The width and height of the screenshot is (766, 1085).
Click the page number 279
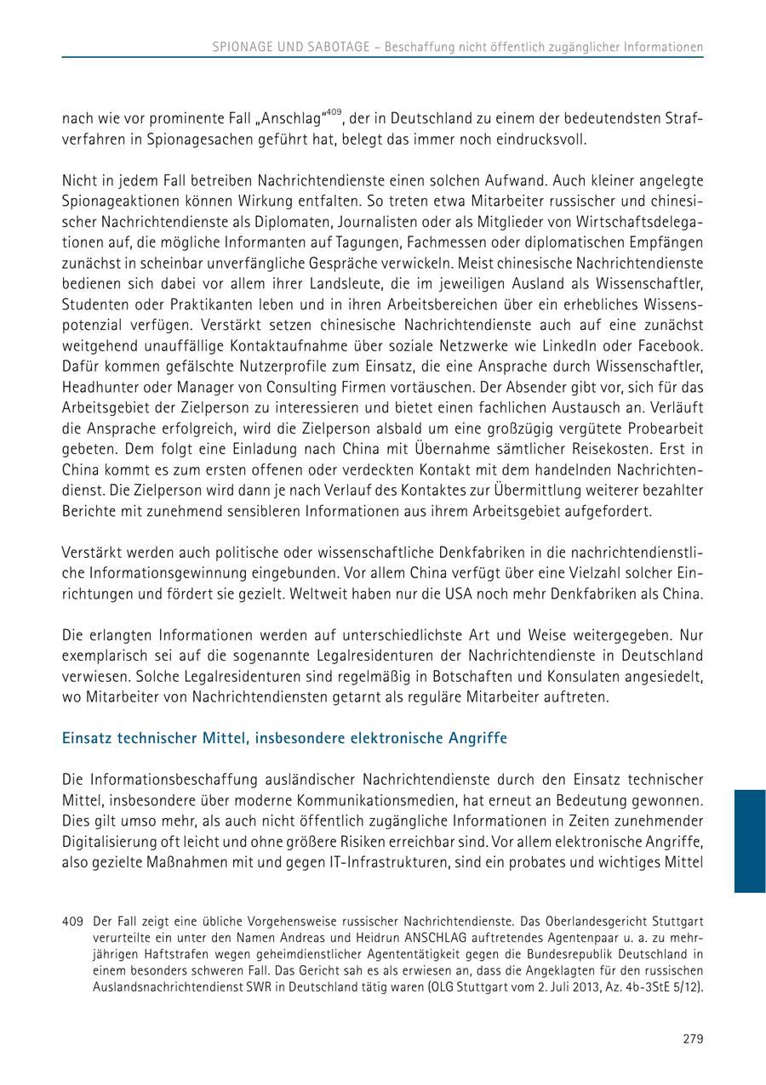[693, 1038]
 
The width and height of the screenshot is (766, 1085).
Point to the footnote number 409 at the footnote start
[72, 921]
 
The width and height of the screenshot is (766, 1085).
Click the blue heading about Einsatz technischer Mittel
[284, 738]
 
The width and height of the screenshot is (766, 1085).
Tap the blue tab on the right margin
[750, 841]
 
